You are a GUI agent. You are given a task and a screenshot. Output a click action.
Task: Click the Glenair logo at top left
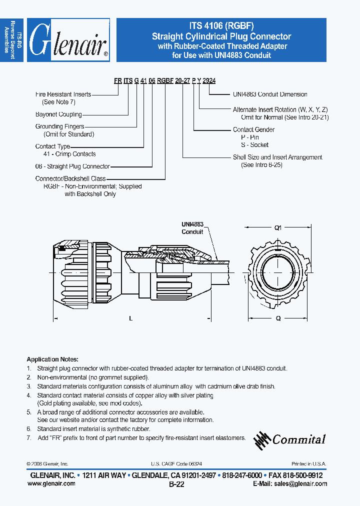tap(68, 40)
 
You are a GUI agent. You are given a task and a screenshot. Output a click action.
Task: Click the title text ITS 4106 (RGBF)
tap(221, 27)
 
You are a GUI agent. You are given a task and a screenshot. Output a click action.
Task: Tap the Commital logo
tap(290, 439)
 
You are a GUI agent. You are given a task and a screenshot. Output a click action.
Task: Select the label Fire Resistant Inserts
tap(63, 94)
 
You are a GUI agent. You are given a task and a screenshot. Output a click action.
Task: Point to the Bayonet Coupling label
tap(58, 114)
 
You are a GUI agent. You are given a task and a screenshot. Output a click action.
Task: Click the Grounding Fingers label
tap(59, 126)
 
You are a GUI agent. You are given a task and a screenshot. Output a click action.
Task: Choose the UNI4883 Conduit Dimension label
tap(270, 94)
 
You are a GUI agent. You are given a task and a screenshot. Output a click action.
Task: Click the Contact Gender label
tap(253, 129)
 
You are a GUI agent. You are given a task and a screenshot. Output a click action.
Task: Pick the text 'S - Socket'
tap(254, 145)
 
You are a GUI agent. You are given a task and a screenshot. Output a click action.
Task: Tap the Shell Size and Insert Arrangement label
tap(277, 157)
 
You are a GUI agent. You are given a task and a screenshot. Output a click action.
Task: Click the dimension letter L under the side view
tap(130, 318)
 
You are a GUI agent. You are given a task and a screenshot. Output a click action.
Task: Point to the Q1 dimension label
tap(278, 227)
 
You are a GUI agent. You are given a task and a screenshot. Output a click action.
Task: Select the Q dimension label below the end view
tap(278, 318)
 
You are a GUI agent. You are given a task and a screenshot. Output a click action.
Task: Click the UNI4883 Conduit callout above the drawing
tap(192, 228)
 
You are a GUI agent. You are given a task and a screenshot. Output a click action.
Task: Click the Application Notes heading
tap(52, 359)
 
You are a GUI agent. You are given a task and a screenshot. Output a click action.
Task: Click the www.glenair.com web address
tap(51, 483)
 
